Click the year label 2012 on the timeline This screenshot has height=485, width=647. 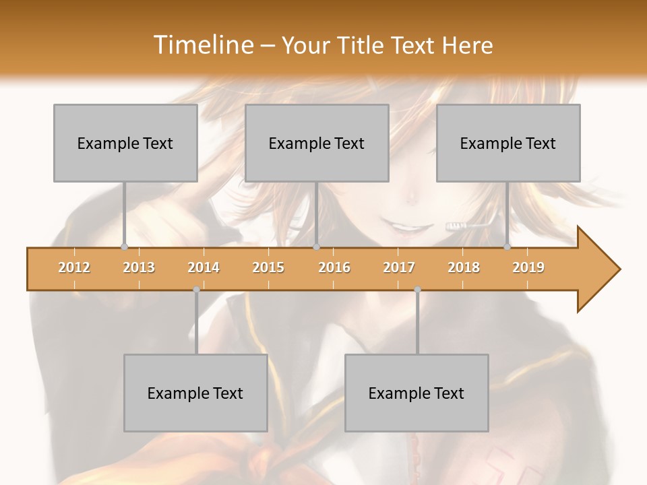point(74,267)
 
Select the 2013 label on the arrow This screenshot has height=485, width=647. point(139,267)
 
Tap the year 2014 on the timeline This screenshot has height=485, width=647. point(204,267)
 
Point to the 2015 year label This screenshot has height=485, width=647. point(268,267)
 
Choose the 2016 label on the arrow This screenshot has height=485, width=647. point(334,267)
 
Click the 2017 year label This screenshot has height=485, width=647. point(399,267)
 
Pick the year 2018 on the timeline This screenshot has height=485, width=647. point(464,267)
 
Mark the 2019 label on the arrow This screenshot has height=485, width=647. point(528,267)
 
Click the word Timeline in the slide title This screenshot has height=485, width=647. point(202,45)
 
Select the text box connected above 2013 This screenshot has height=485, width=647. point(125,143)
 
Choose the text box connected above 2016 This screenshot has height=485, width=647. point(317,143)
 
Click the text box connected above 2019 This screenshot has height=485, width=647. point(508,143)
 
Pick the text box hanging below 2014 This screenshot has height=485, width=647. point(195,393)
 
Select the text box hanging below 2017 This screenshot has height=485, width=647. point(417,393)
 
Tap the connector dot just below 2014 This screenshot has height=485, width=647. point(196,290)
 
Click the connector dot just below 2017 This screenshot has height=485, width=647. point(417,290)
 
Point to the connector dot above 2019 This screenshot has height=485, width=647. point(507,247)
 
